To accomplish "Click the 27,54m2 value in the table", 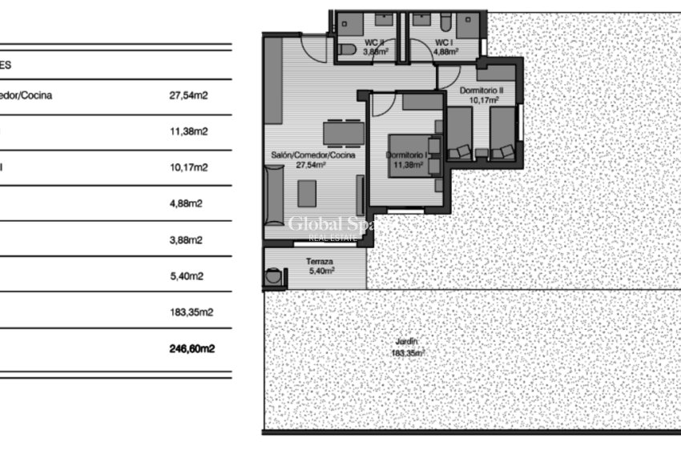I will click(188, 95).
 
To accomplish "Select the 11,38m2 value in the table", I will click(188, 131).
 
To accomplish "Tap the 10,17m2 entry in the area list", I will click(188, 167).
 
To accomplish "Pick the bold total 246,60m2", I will click(191, 348).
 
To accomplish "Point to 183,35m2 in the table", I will click(191, 312).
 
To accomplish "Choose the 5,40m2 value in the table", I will click(186, 276).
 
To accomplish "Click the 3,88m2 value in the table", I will click(186, 239).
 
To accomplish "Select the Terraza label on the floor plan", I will click(319, 261).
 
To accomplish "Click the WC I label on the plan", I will click(445, 42).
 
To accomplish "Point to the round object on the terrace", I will click(273, 277).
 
